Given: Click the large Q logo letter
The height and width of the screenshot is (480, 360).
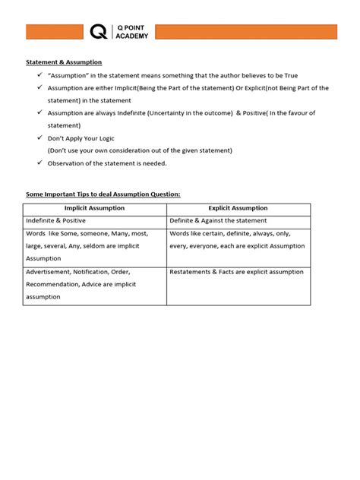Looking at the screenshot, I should [98, 32].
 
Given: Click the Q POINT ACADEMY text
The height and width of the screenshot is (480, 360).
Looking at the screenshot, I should [131, 32].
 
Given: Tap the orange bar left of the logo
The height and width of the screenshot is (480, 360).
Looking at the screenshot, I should [55, 32].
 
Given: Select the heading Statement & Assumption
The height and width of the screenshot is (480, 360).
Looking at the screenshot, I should [64, 62].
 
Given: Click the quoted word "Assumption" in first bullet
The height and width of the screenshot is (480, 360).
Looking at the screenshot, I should [71, 75].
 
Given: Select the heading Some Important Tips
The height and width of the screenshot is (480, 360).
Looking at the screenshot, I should [103, 194].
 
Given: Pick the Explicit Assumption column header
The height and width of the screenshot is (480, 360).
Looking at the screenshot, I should [238, 208].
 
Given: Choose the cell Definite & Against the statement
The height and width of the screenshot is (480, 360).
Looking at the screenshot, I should [218, 221].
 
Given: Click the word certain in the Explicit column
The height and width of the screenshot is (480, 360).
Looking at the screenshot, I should [217, 234].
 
